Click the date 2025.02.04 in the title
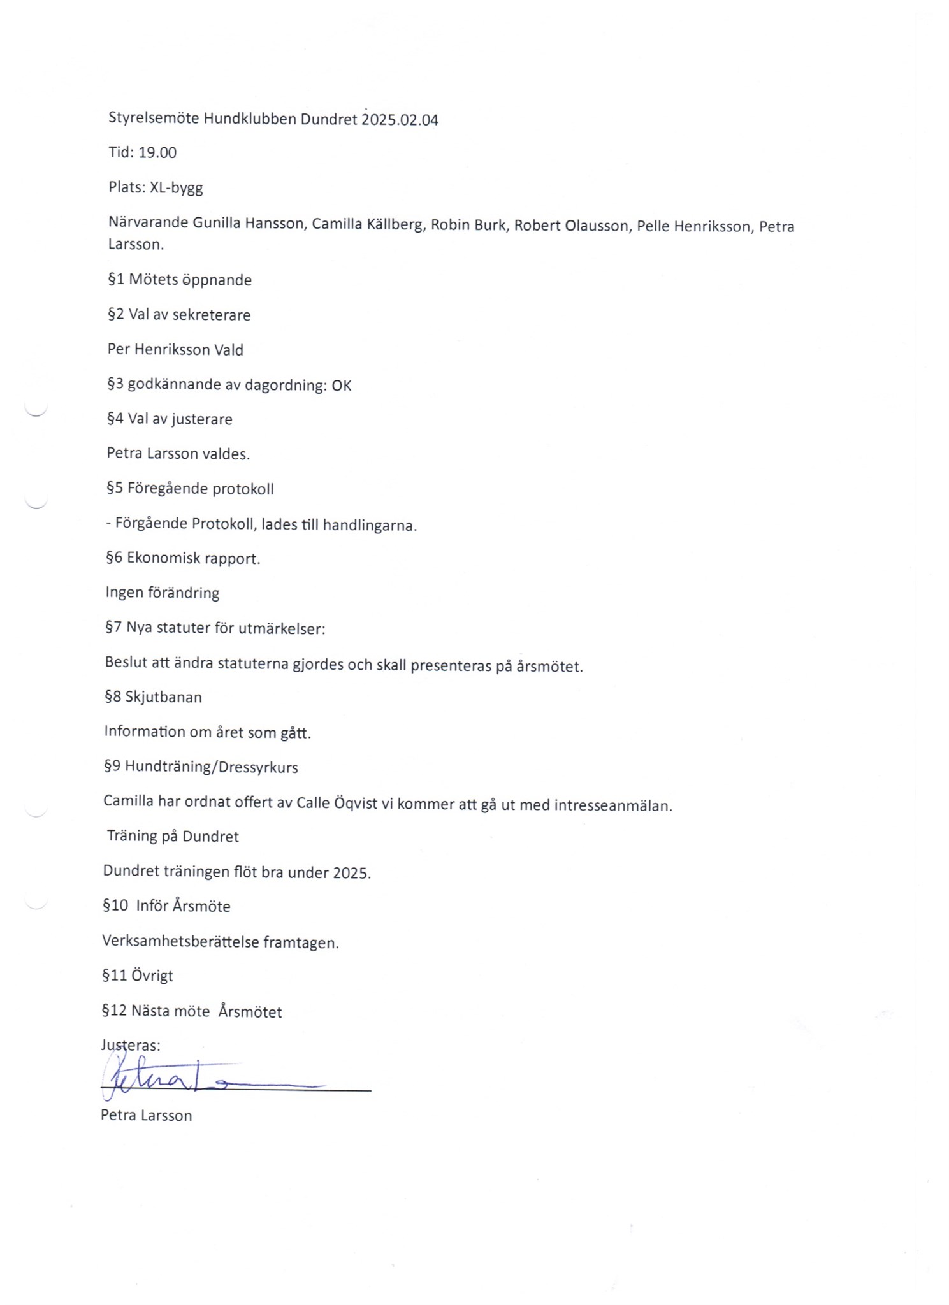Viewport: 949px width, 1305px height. [400, 120]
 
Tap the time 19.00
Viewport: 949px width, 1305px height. [157, 153]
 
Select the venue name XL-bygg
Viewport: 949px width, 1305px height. [177, 188]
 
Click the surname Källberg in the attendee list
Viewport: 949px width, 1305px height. [395, 225]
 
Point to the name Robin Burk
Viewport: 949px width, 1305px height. [468, 225]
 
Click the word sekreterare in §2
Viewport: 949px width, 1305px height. [212, 315]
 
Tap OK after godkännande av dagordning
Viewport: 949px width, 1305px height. [342, 386]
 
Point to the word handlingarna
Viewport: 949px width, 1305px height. [370, 526]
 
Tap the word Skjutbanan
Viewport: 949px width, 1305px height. [164, 697]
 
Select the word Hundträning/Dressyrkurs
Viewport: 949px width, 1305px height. [212, 767]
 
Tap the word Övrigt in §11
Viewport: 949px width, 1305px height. [152, 976]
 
